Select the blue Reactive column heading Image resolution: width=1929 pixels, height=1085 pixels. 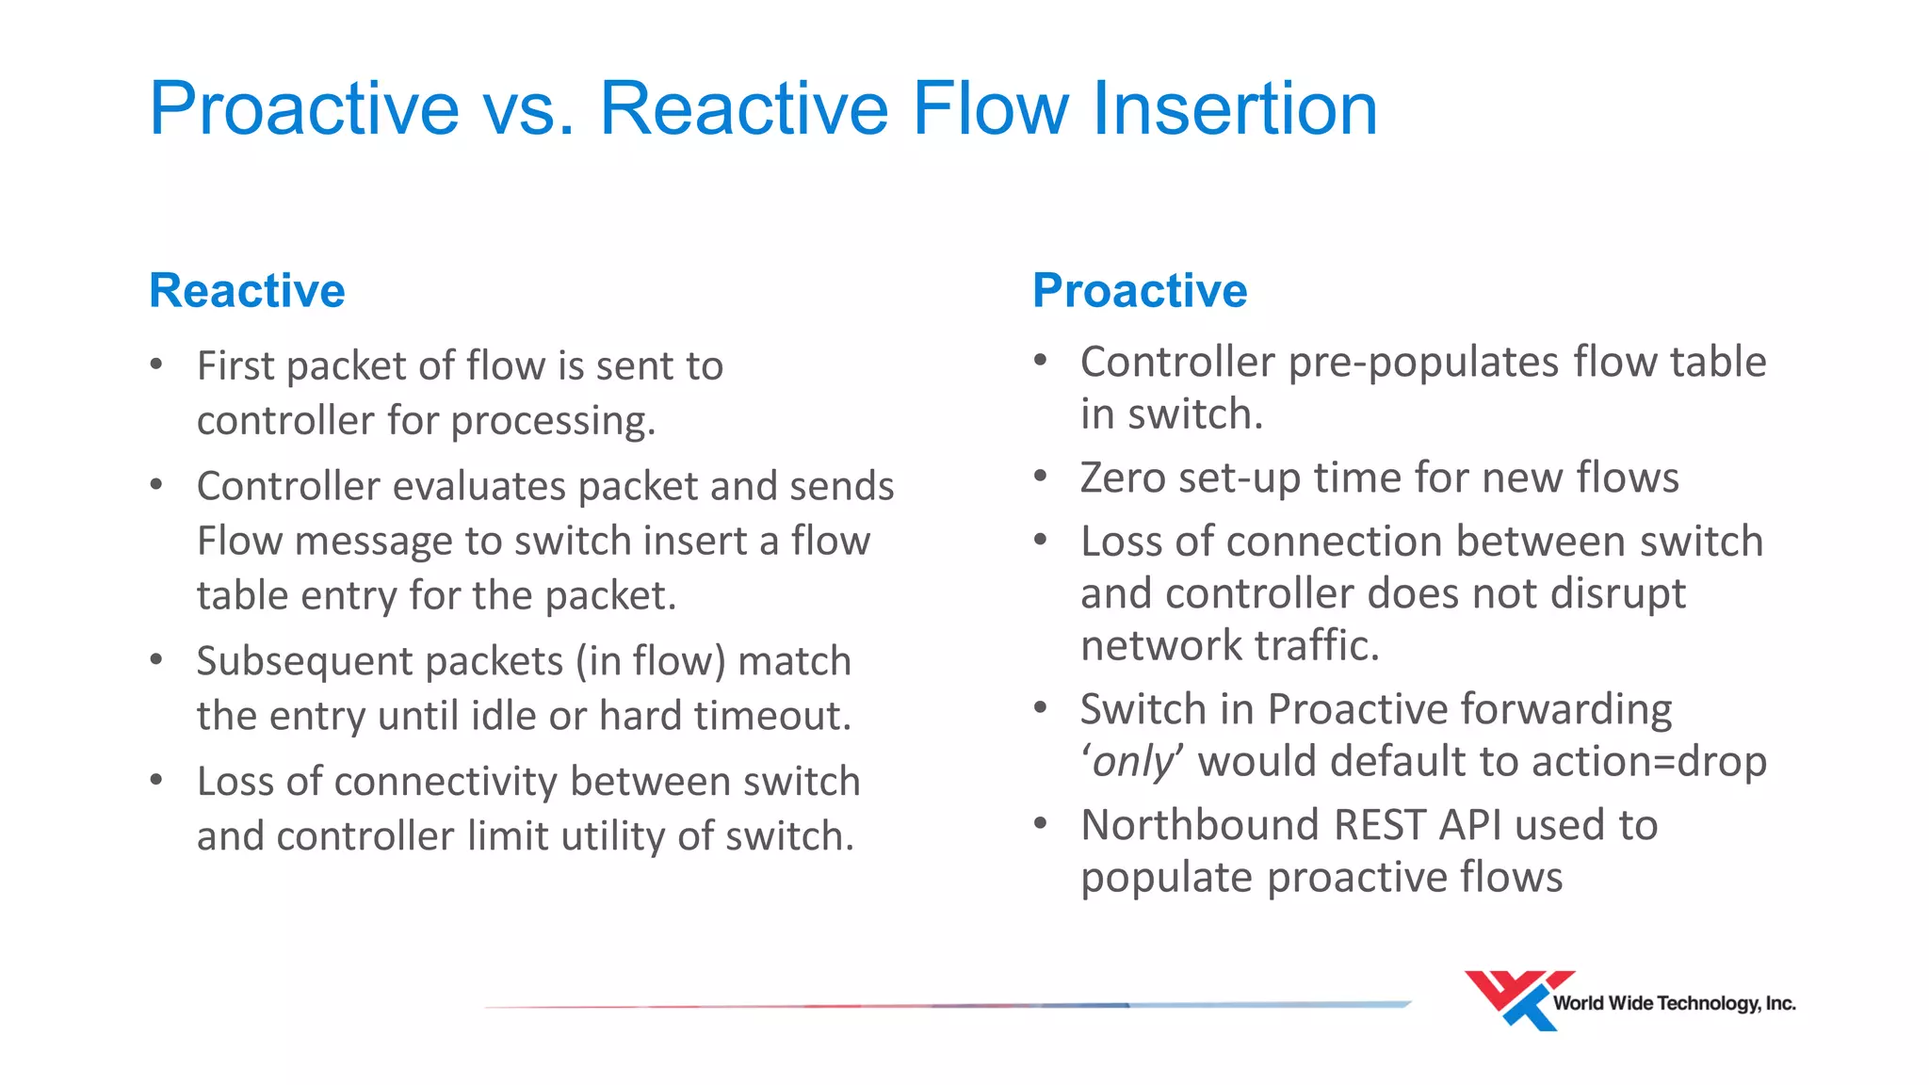coord(247,290)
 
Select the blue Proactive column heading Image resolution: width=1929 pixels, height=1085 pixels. coord(1140,290)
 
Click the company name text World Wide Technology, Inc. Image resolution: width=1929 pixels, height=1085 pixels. coord(1674,1004)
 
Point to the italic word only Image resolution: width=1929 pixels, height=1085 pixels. coord(1133,761)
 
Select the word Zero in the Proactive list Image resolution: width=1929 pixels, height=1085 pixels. coord(1122,478)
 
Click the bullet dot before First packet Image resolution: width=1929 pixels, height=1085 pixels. coord(156,364)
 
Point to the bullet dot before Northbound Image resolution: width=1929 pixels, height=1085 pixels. coord(1040,823)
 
